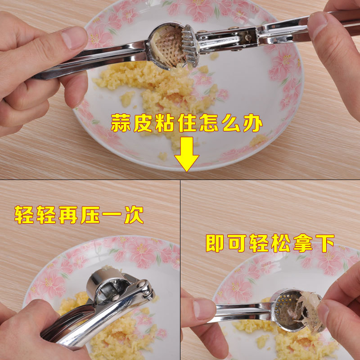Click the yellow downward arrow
[186, 154]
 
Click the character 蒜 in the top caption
[121, 123]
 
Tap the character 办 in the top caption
[253, 123]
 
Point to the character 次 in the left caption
[134, 215]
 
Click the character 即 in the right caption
[215, 243]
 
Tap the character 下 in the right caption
[325, 243]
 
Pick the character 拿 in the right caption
[303, 243]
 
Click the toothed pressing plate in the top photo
[189, 45]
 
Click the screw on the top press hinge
[247, 37]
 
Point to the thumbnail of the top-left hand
[73, 38]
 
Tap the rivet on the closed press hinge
[141, 285]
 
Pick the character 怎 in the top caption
[209, 123]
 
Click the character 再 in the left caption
[68, 215]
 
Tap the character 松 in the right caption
[281, 243]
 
